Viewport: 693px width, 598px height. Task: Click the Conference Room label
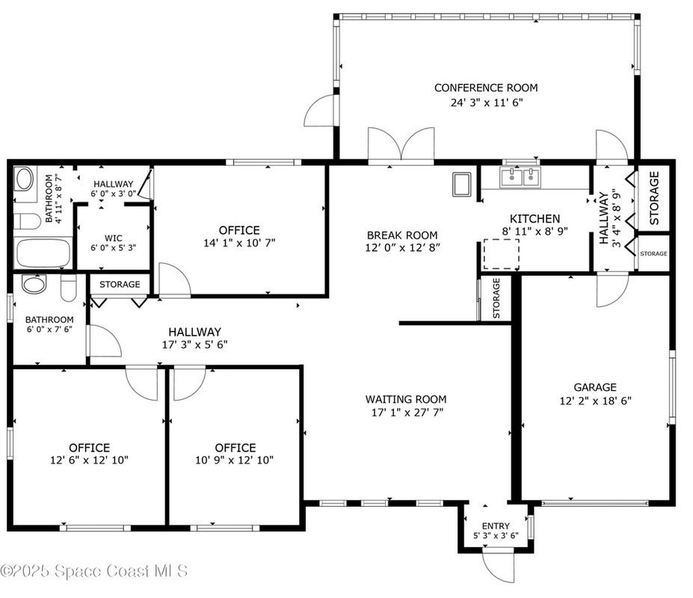click(x=486, y=88)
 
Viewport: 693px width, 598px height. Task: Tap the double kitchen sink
click(x=520, y=177)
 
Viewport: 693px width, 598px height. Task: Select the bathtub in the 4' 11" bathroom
click(x=43, y=253)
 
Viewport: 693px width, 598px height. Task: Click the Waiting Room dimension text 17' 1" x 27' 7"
click(x=407, y=413)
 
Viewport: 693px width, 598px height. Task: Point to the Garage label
click(x=595, y=387)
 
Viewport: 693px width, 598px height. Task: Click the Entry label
click(x=496, y=526)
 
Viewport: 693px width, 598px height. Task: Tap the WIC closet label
click(x=114, y=238)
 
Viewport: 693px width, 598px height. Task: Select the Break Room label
click(x=402, y=235)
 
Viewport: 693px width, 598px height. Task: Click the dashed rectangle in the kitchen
click(x=501, y=253)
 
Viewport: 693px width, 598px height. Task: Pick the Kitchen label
click(x=535, y=219)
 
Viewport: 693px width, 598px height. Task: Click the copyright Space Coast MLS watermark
click(x=93, y=571)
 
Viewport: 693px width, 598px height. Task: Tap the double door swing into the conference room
click(x=401, y=144)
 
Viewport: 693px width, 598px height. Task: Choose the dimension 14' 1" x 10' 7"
click(x=239, y=243)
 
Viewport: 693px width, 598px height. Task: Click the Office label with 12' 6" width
click(x=89, y=448)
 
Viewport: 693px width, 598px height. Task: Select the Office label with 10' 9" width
click(x=235, y=448)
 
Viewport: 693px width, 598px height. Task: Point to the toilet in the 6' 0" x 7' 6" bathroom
click(x=69, y=288)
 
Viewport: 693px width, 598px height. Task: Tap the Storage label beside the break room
click(x=496, y=298)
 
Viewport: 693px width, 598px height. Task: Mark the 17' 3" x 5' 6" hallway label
click(x=194, y=338)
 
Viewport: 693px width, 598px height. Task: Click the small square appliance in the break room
click(x=462, y=185)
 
